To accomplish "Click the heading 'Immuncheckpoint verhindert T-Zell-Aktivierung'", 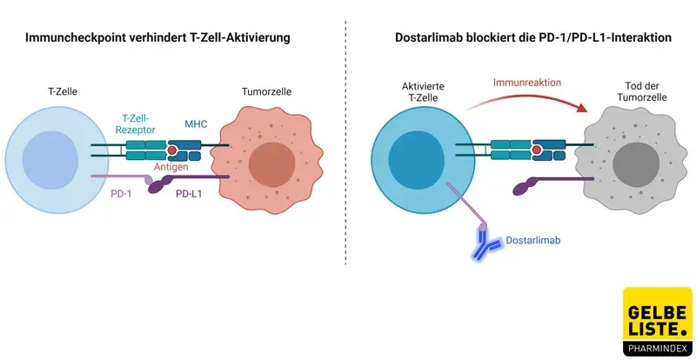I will (170, 38).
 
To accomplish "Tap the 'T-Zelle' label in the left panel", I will (64, 91).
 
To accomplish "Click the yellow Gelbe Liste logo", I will (659, 322).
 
